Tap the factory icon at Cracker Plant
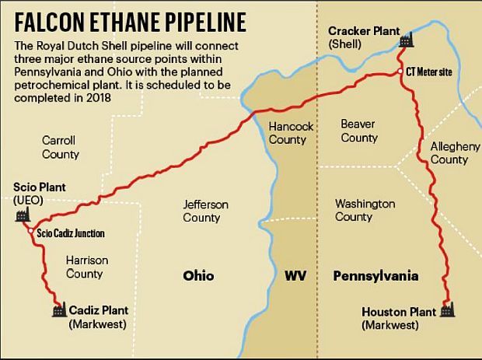pos(403,39)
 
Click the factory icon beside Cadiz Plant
pos(58,310)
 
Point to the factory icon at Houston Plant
pos(445,311)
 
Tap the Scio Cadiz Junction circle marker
pos(30,232)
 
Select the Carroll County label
pos(61,147)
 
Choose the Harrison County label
pos(86,267)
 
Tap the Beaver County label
pos(358,131)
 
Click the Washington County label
pos(365,210)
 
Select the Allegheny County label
pos(449,152)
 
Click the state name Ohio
pos(198,276)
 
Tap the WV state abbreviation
pos(295,276)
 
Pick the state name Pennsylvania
pos(375,276)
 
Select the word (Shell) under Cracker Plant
pos(344,44)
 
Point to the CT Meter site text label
pos(429,71)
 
